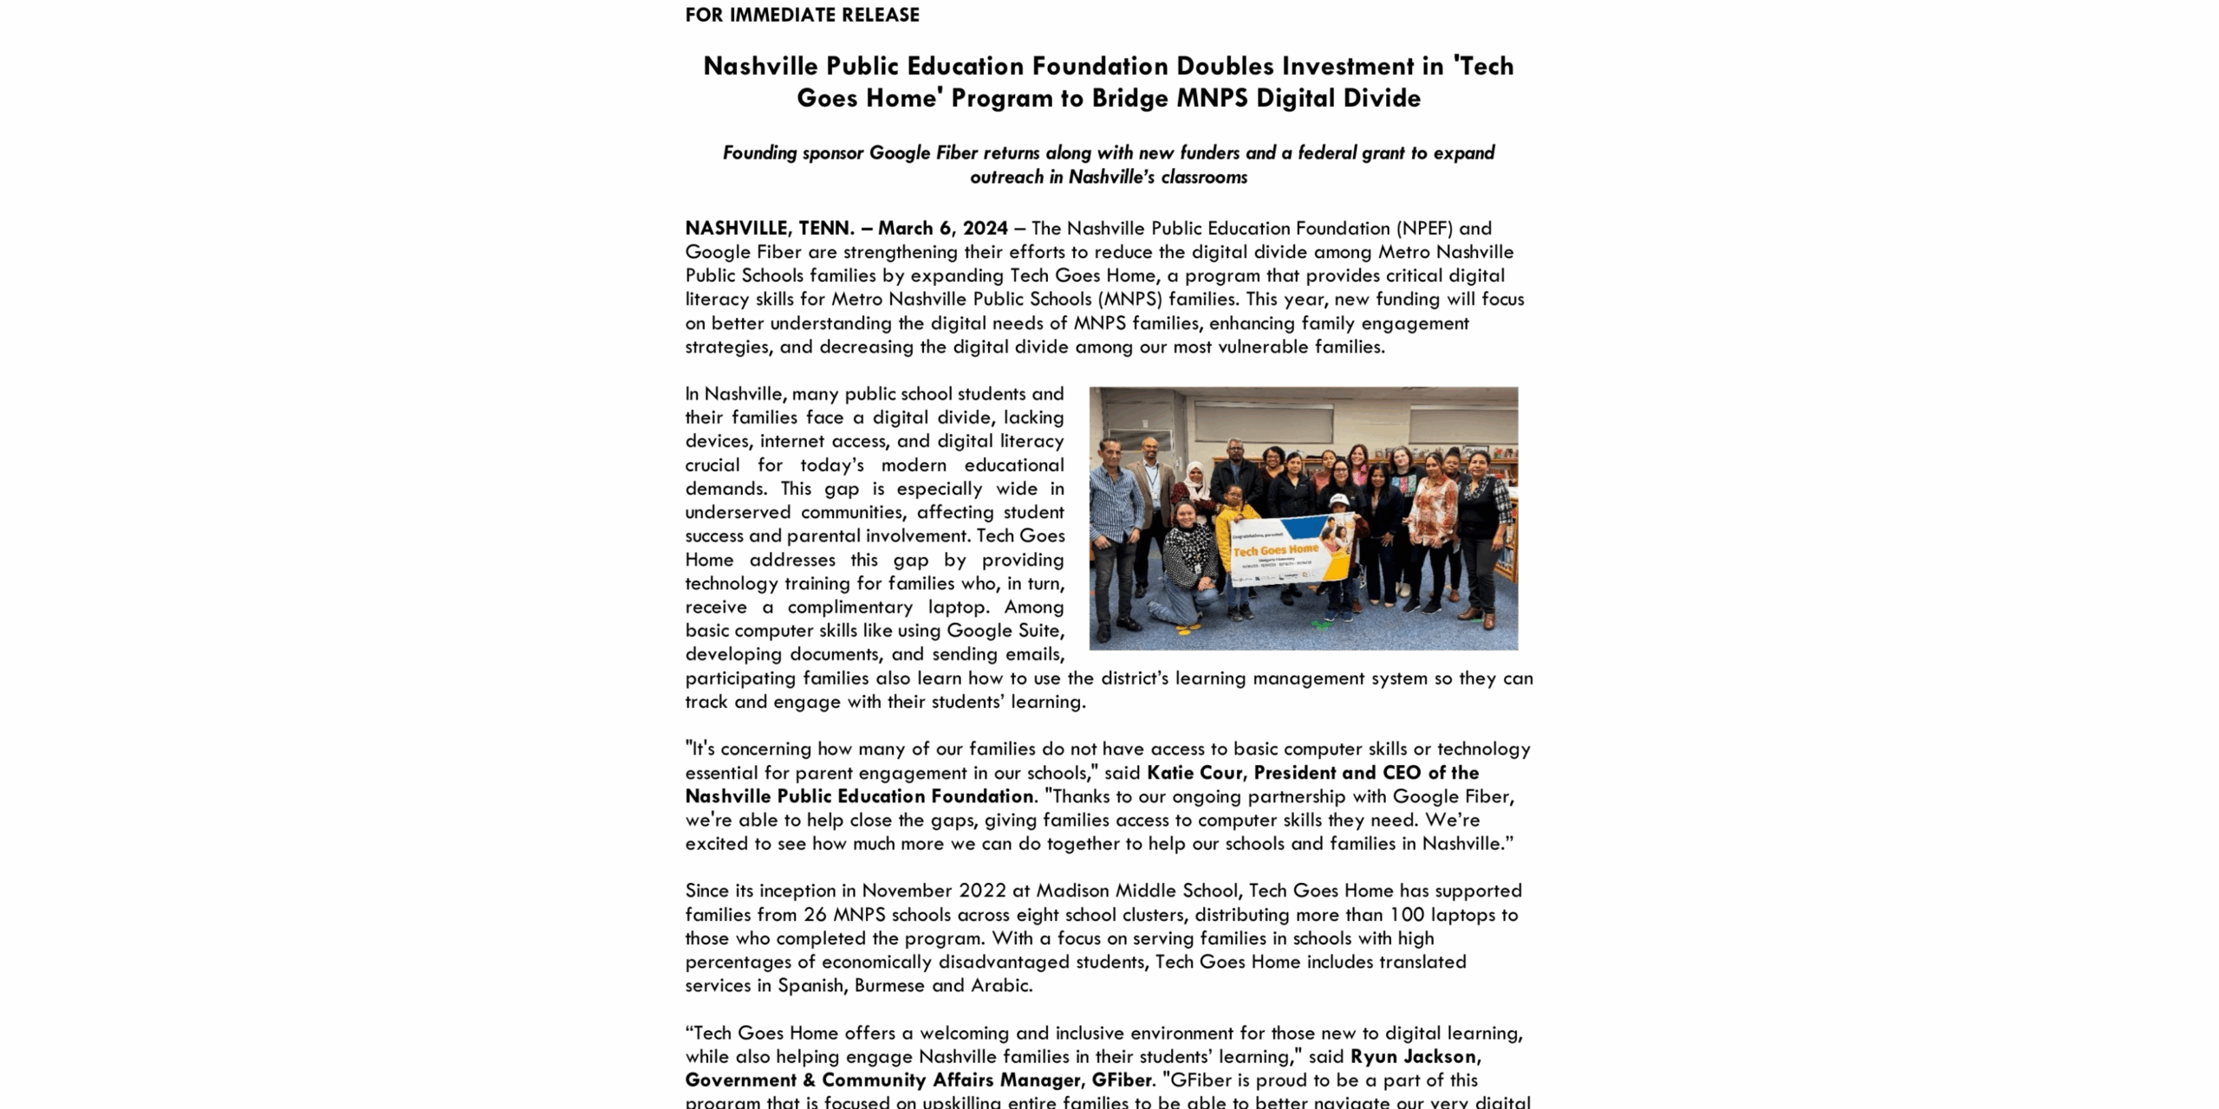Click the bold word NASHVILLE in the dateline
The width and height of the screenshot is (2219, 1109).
[x=736, y=228]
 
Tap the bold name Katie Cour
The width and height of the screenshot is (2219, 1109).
[x=1194, y=773]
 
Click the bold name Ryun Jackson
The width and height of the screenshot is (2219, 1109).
[x=1413, y=1056]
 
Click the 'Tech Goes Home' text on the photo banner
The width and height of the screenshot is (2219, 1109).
[x=1275, y=550]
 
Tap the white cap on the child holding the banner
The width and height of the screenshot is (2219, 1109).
[x=1339, y=500]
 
